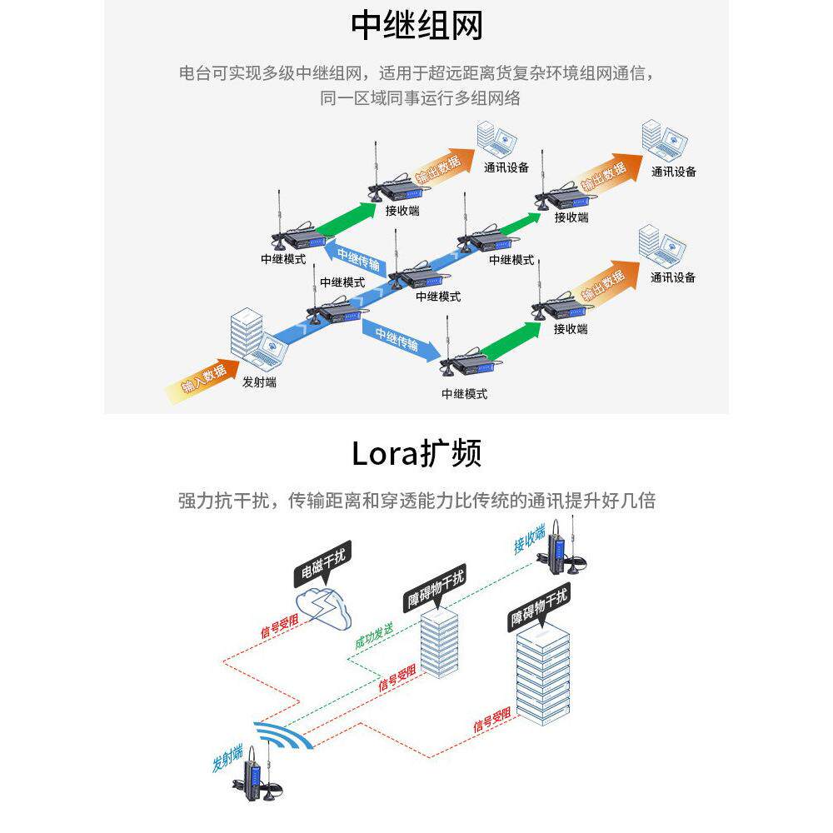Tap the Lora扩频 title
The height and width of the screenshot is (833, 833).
[x=416, y=454]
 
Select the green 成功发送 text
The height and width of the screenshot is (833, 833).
[x=374, y=636]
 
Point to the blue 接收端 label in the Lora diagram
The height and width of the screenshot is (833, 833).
[x=530, y=540]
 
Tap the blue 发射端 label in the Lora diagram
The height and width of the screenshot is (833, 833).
[x=227, y=759]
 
